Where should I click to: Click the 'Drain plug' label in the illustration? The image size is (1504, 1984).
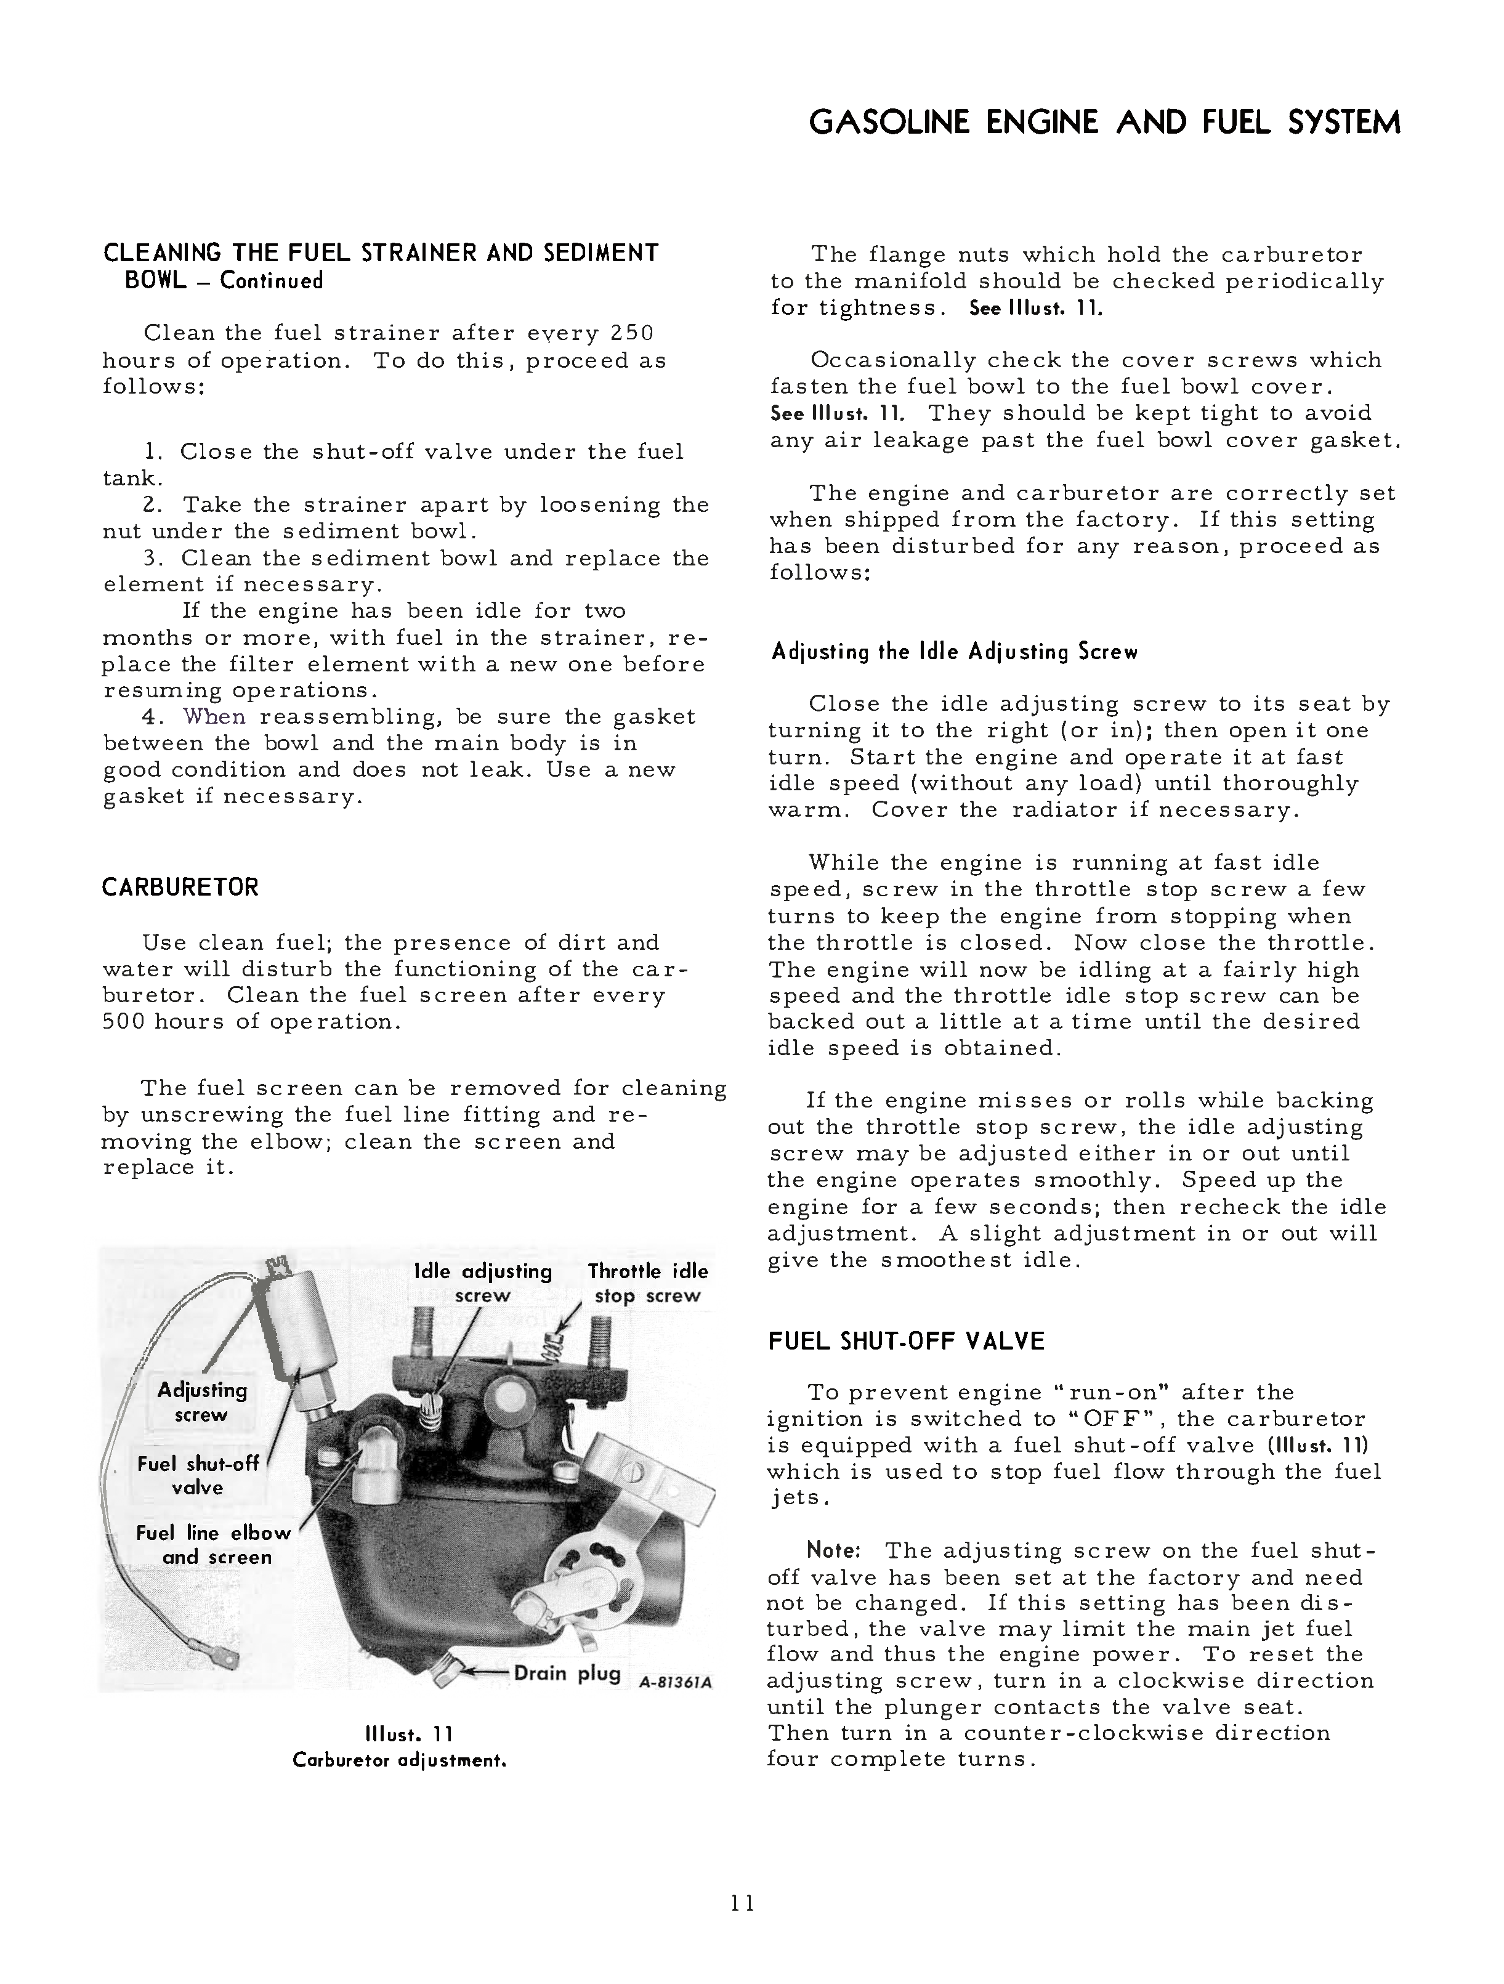[567, 1674]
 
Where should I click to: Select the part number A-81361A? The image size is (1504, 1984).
[675, 1683]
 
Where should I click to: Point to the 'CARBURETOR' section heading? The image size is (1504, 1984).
[180, 888]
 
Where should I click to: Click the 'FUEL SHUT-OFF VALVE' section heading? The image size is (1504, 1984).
[907, 1342]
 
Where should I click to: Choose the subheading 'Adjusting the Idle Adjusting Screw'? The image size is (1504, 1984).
[954, 652]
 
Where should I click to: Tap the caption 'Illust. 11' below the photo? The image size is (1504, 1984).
[399, 1736]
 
